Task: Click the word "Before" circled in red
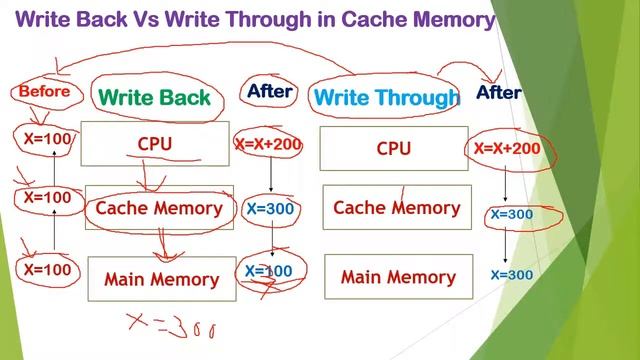44,92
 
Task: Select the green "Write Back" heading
155,97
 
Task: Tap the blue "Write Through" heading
386,98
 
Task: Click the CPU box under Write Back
155,144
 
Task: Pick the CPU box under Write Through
394,148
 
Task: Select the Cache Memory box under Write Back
159,208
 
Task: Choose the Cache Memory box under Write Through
396,208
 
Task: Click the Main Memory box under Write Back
161,279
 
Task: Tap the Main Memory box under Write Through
398,277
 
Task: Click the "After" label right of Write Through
499,93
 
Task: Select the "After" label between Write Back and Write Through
270,91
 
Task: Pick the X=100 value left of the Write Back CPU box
48,139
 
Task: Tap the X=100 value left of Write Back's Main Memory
48,269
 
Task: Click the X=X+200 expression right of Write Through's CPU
507,149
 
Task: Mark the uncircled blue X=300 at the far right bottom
511,275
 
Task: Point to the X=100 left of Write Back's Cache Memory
48,198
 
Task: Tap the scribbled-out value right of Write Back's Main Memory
269,271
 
